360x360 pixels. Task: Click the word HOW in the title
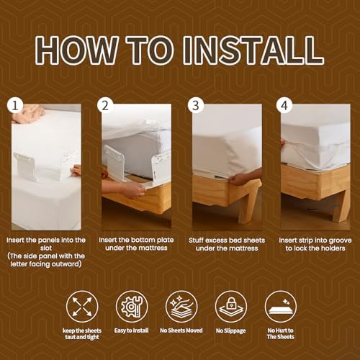coord(76,50)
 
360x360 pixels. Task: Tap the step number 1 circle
coord(15,106)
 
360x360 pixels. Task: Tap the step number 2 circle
coord(105,106)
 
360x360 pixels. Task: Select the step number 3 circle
coord(196,106)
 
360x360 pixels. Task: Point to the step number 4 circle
coord(284,106)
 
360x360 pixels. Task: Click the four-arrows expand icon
coord(82,307)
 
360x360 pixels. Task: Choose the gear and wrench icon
coord(132,307)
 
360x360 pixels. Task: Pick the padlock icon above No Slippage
coord(231,307)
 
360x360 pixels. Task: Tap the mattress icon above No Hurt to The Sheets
coord(281,307)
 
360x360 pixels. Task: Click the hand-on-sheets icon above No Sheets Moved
coord(181,307)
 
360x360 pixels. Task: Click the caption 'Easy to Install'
coord(132,330)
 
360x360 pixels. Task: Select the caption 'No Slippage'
coord(231,331)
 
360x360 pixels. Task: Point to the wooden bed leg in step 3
coord(250,202)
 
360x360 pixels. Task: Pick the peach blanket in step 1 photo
coord(28,114)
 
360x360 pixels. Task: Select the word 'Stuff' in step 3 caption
coord(196,240)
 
